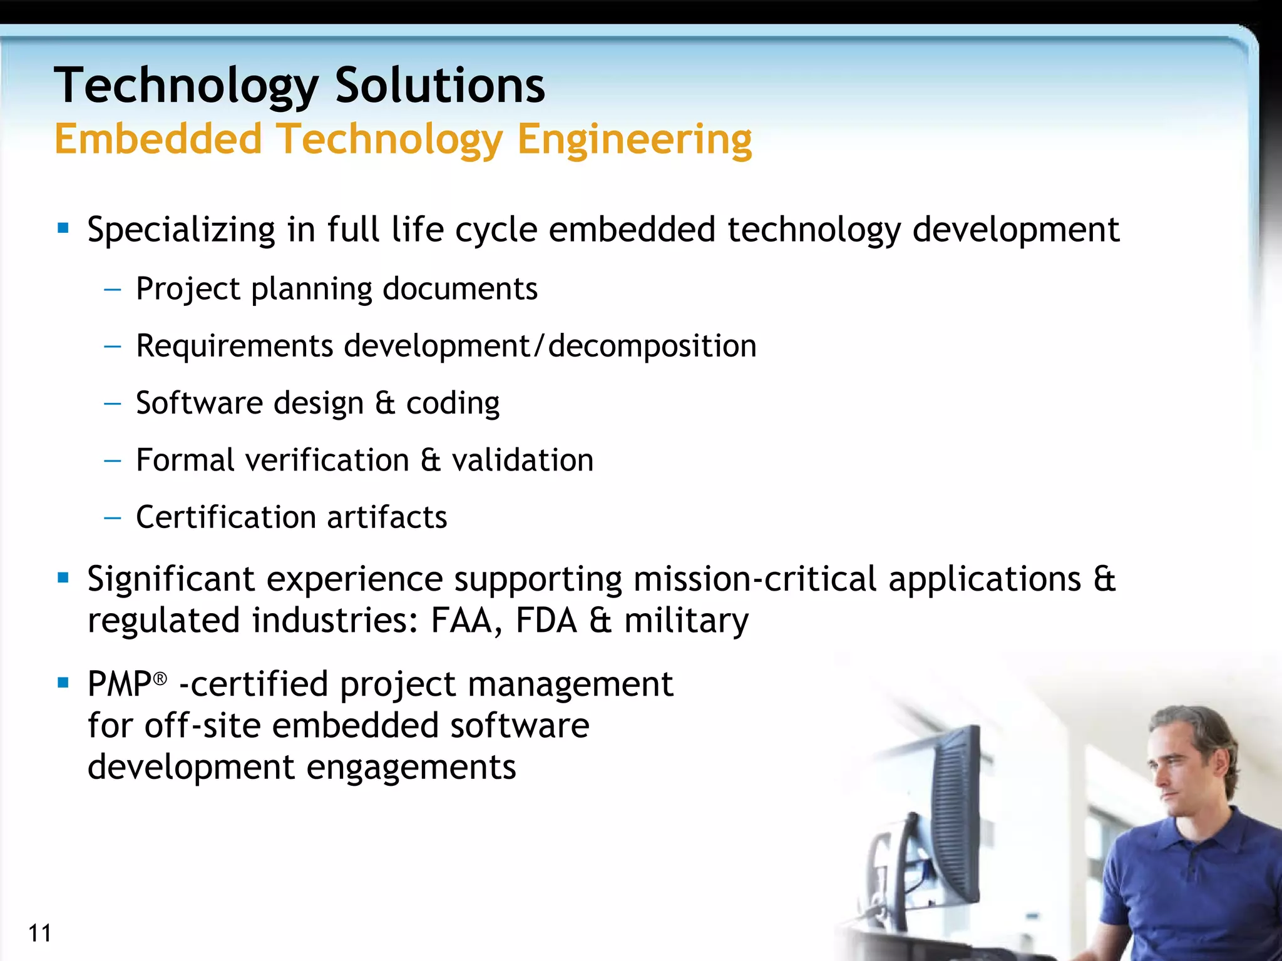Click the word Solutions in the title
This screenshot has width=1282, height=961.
pos(439,86)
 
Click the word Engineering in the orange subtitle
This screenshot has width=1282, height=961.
pos(634,139)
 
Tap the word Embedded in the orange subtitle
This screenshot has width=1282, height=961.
pos(158,139)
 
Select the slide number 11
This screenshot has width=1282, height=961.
pos(39,933)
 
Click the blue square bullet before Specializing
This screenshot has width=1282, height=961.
pos(63,228)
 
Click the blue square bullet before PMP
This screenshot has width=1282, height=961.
pos(63,682)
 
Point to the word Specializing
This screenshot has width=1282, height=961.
pos(181,230)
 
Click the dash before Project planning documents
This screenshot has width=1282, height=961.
pos(113,290)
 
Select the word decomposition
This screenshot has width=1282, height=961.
pos(652,346)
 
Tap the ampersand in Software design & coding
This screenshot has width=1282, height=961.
pos(385,403)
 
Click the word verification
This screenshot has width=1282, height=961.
pos(327,460)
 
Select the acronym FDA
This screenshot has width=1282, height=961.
pos(546,621)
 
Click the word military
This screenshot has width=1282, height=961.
pos(686,621)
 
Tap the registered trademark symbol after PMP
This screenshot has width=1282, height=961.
pos(160,679)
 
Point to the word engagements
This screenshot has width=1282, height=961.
pos(411,767)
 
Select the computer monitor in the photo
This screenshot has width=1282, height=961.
pos(948,813)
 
